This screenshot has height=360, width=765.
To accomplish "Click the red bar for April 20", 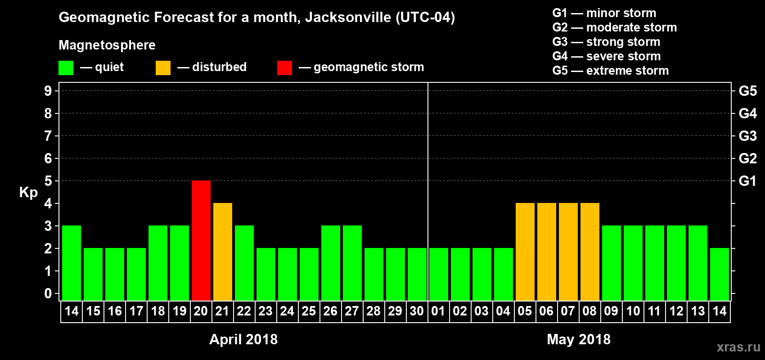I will point(201,240).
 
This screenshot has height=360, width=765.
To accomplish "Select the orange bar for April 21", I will point(223,252).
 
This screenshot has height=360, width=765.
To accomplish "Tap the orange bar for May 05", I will point(525,252).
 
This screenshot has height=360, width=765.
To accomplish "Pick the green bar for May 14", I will point(720,274).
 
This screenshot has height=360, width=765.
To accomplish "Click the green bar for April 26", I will point(331,263).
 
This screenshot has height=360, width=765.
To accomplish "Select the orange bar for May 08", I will point(590,252).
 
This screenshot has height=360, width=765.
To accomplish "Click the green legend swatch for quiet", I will point(66,68).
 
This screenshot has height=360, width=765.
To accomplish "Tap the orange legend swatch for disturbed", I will point(163,68).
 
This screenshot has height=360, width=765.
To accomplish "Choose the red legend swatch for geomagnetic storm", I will point(284,68).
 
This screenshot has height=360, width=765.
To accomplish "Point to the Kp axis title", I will point(28,192).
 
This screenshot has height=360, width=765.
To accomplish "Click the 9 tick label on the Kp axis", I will point(48,91).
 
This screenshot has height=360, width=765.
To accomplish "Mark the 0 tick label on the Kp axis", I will point(48,293).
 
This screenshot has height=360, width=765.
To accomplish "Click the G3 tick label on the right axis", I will point(747,136).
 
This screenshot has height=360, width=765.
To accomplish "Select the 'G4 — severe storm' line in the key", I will point(606,56).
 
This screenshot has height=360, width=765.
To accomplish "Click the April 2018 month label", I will point(243,339).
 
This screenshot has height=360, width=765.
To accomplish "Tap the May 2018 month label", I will point(579,339).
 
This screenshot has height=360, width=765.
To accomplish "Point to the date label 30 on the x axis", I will point(417,311).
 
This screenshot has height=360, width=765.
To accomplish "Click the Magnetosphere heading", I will point(107,45).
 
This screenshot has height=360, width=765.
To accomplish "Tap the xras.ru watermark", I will point(738,347).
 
